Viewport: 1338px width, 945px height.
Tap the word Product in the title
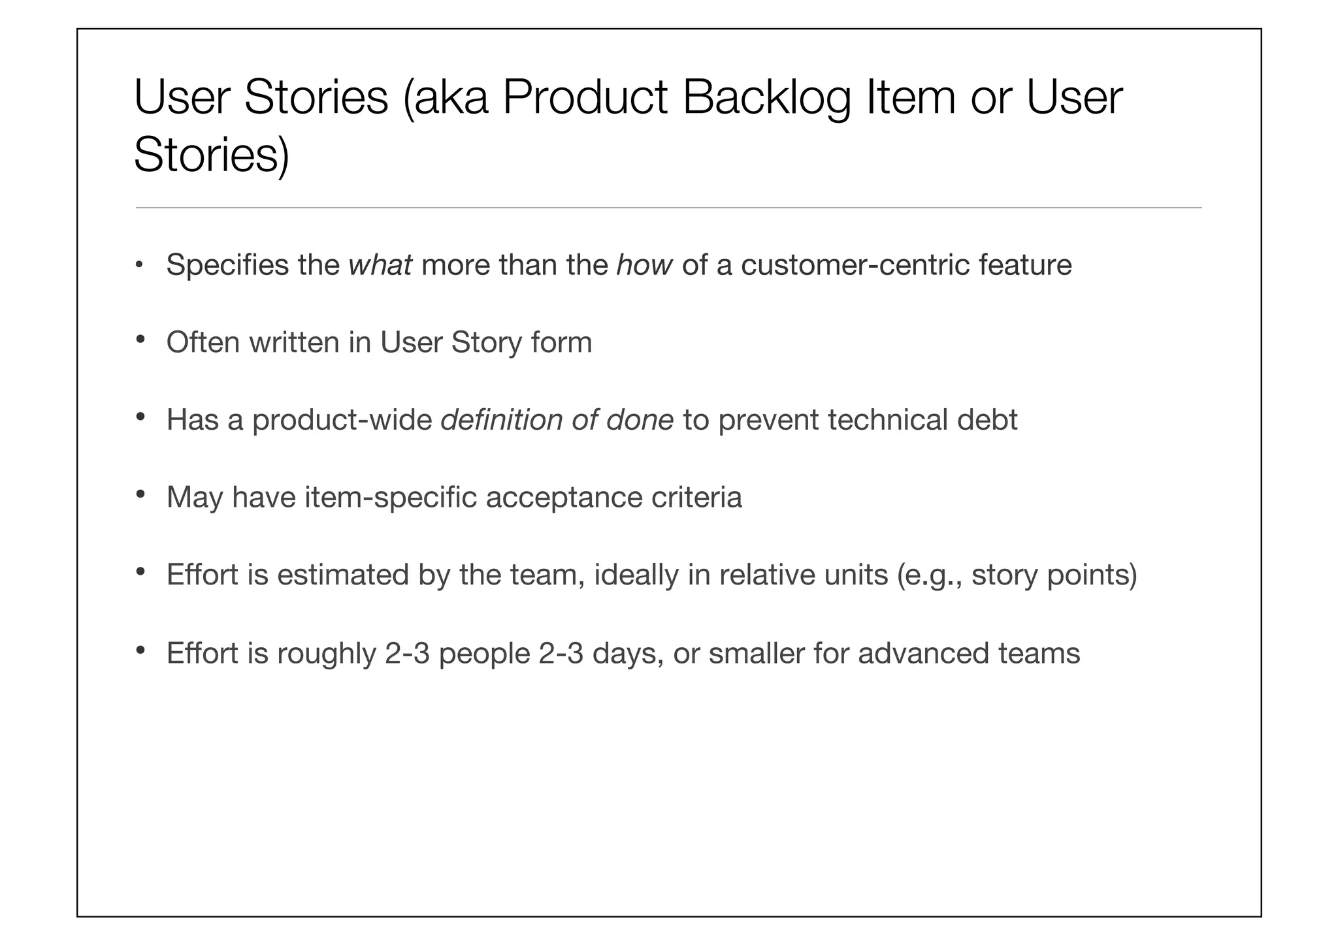coord(585,98)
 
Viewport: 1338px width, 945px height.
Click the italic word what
coord(380,265)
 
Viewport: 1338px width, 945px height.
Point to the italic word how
coord(644,265)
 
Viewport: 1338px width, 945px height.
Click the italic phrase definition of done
coord(557,420)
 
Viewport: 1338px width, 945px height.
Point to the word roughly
coord(326,654)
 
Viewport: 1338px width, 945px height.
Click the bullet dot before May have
coord(140,495)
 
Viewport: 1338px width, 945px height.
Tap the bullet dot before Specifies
coord(139,265)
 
